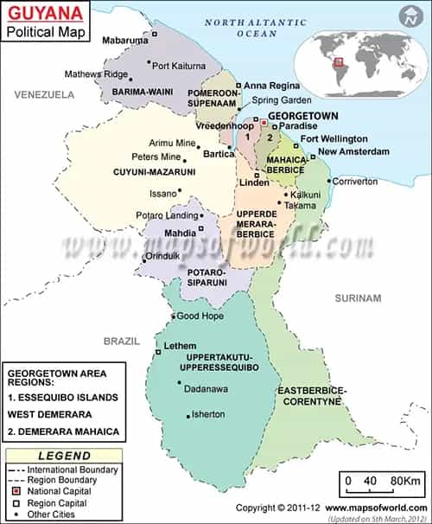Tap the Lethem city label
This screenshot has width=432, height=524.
(175, 346)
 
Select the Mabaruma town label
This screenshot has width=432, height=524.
(125, 40)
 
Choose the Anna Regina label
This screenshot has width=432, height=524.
(271, 86)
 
